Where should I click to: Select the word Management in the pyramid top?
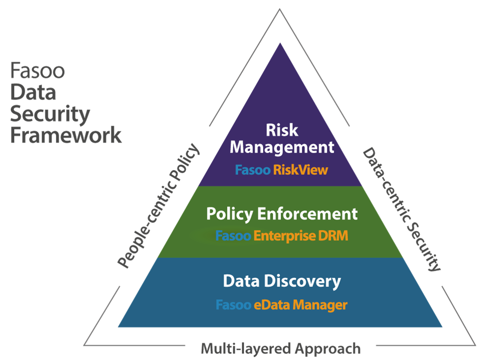pyautogui.click(x=282, y=147)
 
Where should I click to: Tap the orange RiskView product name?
pyautogui.click(x=300, y=170)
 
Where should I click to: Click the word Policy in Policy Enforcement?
pyautogui.click(x=229, y=214)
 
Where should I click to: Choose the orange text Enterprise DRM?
pyautogui.click(x=300, y=235)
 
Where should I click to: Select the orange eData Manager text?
pyautogui.click(x=300, y=305)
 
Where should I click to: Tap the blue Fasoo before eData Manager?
pyautogui.click(x=233, y=305)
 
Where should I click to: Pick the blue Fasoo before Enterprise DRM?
pyautogui.click(x=233, y=235)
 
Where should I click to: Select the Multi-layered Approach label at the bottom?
pyautogui.click(x=280, y=349)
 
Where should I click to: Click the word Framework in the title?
pyautogui.click(x=66, y=134)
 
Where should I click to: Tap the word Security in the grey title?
pyautogui.click(x=50, y=114)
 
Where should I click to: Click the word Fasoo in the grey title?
pyautogui.click(x=37, y=71)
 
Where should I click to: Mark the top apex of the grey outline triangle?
pyautogui.click(x=280, y=9)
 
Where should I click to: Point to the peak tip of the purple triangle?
pyautogui.click(x=280, y=43)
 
